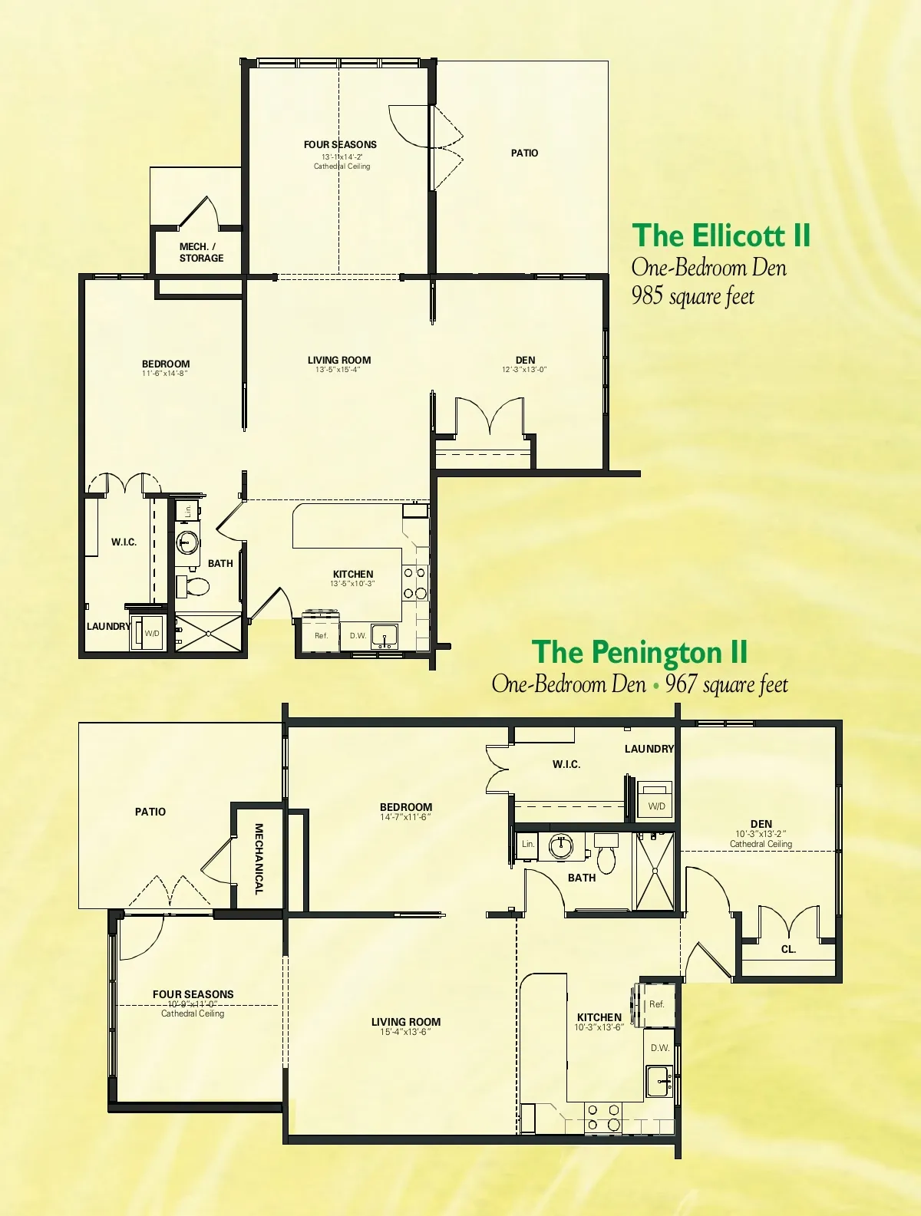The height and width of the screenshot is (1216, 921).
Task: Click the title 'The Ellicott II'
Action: coord(721,236)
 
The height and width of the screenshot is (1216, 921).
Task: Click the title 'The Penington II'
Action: coord(639,652)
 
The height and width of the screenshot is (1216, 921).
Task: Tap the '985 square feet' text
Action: coord(693,296)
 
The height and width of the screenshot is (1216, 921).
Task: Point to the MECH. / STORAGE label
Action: coord(201,252)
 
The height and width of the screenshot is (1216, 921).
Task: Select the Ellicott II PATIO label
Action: coord(524,153)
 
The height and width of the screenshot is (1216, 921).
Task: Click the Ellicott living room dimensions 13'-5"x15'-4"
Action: coord(338,370)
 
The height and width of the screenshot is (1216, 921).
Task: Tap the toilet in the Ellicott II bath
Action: coord(193,586)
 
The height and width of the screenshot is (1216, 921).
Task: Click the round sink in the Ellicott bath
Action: coord(188,543)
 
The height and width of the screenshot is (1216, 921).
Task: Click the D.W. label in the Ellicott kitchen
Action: coord(358,635)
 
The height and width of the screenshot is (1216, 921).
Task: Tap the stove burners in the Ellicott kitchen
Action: coord(414,583)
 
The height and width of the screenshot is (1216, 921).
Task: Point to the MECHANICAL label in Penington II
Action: coord(259,858)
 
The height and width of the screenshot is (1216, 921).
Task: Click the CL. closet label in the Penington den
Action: coord(788,949)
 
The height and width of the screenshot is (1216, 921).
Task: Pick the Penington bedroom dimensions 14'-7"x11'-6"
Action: coord(406,817)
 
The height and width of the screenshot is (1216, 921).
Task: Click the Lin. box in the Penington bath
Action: coord(527,844)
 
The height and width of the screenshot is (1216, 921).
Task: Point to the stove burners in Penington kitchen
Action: coord(603,1117)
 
